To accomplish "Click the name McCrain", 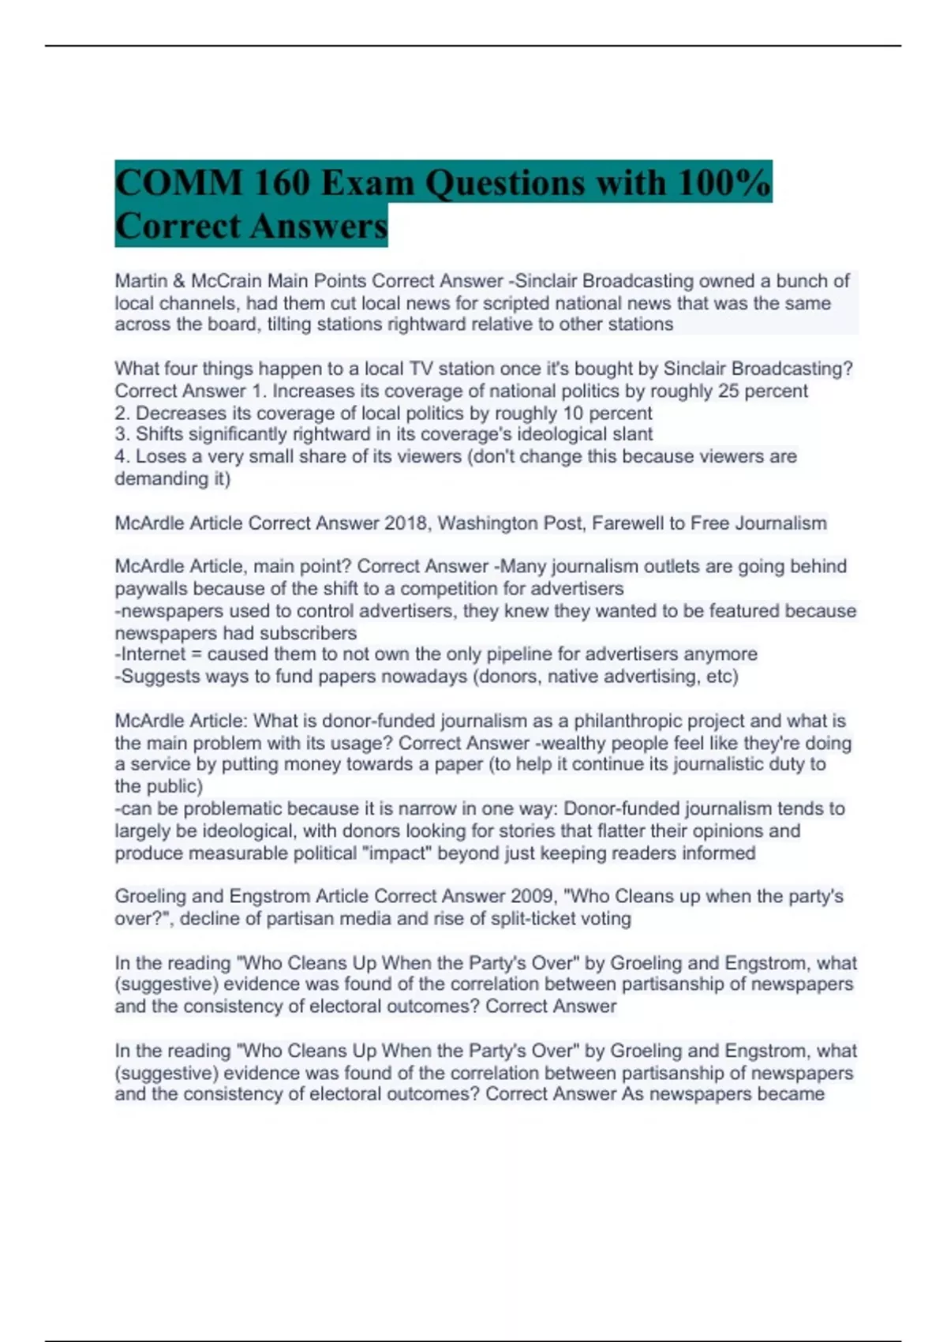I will click(226, 281).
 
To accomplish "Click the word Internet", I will click(155, 654).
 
